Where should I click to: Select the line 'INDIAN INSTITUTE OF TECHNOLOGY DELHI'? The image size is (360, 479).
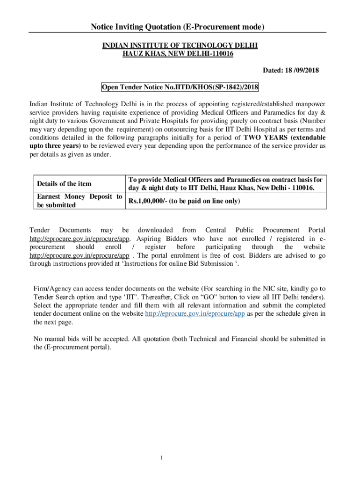[180, 45]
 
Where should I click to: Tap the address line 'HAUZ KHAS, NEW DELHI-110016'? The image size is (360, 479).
[178, 54]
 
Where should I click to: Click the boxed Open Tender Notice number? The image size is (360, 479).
[180, 87]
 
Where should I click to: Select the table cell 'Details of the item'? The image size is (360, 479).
[64, 184]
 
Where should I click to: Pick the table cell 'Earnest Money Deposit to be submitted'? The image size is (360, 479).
[79, 201]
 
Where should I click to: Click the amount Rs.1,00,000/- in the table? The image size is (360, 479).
[148, 201]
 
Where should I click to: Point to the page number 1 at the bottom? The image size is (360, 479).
[160, 457]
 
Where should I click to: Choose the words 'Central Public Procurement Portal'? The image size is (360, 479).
[265, 230]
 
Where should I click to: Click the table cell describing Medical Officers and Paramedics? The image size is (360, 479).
[225, 184]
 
